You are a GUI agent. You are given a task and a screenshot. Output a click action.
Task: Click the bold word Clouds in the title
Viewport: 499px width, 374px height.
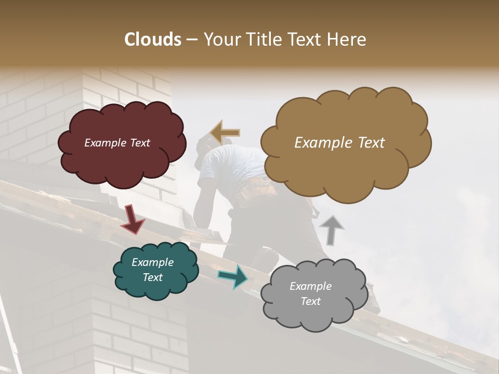pyautogui.click(x=153, y=39)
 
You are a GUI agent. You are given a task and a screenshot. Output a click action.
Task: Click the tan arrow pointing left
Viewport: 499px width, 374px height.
pyautogui.click(x=225, y=132)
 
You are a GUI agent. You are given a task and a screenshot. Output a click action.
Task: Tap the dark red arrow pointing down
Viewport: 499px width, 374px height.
pyautogui.click(x=133, y=219)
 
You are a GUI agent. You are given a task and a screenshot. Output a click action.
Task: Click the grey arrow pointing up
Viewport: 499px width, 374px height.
pyautogui.click(x=331, y=230)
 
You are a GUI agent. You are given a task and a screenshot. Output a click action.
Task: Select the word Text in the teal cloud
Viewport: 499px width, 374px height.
pyautogui.click(x=153, y=277)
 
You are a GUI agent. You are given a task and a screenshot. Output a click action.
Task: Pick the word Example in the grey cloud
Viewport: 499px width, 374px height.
pyautogui.click(x=310, y=286)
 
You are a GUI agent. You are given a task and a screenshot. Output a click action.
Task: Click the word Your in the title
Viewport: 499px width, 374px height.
pyautogui.click(x=220, y=39)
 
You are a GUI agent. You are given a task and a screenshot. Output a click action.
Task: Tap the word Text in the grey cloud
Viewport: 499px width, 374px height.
pyautogui.click(x=311, y=301)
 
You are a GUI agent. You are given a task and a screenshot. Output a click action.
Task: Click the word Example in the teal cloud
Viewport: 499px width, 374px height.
pyautogui.click(x=153, y=262)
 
